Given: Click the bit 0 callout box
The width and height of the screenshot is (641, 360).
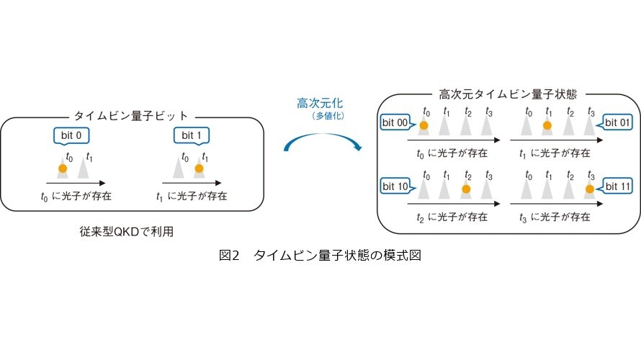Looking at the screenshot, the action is [71, 135].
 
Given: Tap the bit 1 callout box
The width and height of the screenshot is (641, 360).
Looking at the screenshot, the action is [192, 135].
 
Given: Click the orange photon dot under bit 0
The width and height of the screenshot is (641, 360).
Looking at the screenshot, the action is [63, 168].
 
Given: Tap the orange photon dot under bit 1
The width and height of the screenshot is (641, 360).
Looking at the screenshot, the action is [199, 168].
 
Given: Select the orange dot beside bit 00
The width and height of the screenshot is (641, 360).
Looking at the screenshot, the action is [424, 125].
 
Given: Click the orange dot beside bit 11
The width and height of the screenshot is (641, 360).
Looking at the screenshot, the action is [589, 189].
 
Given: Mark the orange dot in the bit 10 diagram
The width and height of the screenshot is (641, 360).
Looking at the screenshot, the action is [466, 189].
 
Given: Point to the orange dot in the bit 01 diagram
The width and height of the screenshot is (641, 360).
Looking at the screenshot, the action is [547, 125].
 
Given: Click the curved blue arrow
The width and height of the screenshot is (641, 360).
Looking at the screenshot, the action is [323, 135].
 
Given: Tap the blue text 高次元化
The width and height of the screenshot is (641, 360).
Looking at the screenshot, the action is [320, 103].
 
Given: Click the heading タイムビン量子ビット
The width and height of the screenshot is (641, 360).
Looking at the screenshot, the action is [131, 116].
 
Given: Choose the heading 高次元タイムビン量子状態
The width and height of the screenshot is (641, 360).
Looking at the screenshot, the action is [508, 94].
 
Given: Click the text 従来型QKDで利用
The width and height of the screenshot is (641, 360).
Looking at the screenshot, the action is [127, 232].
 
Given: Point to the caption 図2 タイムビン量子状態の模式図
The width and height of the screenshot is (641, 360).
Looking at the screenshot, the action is [320, 256].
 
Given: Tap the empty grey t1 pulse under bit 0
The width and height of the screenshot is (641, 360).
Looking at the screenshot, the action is [84, 168].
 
